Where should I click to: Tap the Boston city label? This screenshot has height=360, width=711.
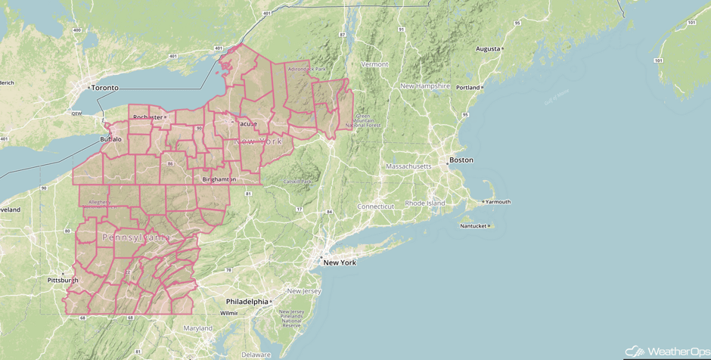pos(461,160)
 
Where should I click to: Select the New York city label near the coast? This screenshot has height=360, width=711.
pos(339,262)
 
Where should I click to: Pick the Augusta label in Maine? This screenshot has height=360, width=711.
pos(488,49)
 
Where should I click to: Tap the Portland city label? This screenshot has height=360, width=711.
pos(468,87)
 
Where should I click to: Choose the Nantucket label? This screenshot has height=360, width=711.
pos(473,226)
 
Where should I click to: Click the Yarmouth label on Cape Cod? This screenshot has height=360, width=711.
pos(498,202)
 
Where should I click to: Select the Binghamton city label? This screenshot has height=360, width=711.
pos(219,179)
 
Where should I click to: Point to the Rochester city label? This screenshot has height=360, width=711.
pos(147,117)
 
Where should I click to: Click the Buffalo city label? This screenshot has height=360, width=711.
pos(110,139)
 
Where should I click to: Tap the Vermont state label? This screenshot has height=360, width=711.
pos(374,65)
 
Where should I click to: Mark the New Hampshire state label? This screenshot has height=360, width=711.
pos(425,86)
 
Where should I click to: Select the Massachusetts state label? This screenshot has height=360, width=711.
pos(408,166)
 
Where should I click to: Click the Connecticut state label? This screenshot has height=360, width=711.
pos(376,206)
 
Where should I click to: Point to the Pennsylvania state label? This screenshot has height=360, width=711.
pos(136,237)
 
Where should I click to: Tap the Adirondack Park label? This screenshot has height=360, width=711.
pos(306,69)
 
